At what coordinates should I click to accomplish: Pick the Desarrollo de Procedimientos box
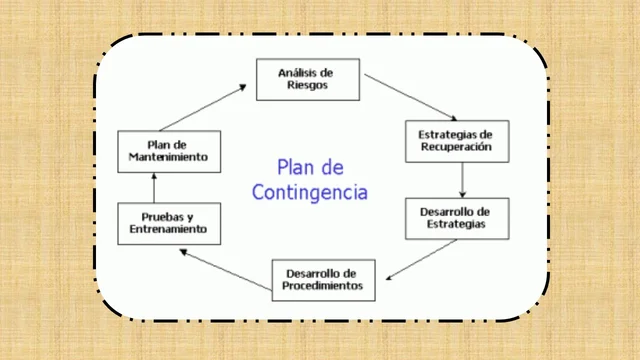click(x=323, y=279)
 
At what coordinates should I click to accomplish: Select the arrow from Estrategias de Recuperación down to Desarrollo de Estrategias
click(x=463, y=179)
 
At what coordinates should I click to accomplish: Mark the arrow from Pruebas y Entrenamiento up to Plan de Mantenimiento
click(x=154, y=186)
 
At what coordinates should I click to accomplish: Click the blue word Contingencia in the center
click(x=309, y=190)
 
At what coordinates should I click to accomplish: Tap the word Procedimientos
click(x=323, y=286)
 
